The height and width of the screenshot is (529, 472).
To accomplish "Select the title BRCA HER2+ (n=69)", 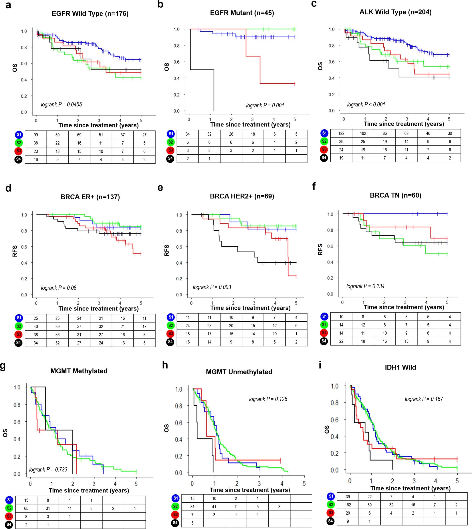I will pos(242,196).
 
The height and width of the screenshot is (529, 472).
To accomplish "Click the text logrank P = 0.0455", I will pos(61,104).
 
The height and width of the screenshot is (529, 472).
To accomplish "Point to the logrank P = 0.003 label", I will pos(212,287).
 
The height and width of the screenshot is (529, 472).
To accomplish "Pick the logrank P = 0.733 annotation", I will pos(48,469).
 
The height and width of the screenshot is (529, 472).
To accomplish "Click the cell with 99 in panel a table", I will pos(36,135).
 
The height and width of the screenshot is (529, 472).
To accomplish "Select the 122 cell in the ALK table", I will pos(341,134).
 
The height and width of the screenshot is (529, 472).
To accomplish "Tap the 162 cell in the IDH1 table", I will pos(347,505).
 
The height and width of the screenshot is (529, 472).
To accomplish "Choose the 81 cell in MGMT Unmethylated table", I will pos(192,506).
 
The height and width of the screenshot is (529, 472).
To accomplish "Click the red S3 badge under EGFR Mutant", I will pos(170,150).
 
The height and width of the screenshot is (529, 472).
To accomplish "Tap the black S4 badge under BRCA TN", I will pos(324,341).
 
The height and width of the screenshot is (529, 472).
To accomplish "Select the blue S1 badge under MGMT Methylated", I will pos(9,500).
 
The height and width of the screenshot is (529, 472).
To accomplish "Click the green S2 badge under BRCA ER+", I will pos(19,326).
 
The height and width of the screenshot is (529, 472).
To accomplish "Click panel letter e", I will pos(160,187).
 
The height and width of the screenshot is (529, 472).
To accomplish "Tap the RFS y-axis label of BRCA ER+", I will pos(15,251).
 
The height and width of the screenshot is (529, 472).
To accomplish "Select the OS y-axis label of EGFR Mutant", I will pos(167,67).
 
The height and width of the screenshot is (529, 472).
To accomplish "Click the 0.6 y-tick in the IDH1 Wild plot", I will pos(335,419).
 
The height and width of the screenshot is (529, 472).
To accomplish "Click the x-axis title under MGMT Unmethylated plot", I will pos(250,490).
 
